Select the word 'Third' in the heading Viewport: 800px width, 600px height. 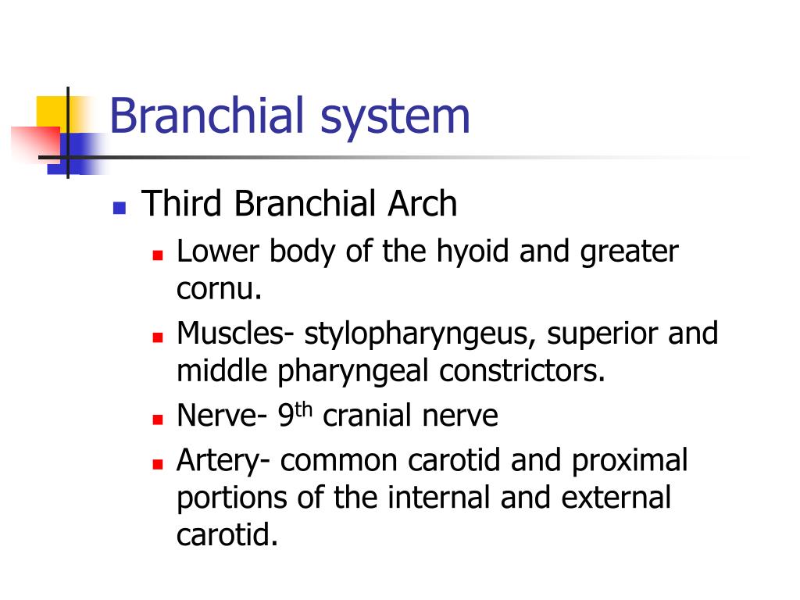pyautogui.click(x=184, y=205)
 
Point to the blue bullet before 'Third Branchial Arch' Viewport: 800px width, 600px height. pyautogui.click(x=119, y=208)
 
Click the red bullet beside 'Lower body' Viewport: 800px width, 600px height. pyautogui.click(x=157, y=255)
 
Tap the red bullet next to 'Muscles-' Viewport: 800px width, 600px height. pyautogui.click(x=157, y=337)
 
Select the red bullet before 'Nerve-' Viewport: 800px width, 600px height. pyautogui.click(x=157, y=419)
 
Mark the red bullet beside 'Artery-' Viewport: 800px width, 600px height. pyautogui.click(x=157, y=464)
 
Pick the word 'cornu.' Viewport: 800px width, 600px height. pyautogui.click(x=218, y=290)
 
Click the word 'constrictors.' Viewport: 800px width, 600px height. pyautogui.click(x=522, y=371)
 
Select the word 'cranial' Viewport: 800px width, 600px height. pyautogui.click(x=368, y=416)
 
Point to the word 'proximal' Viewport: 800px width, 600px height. pyautogui.click(x=630, y=461)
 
